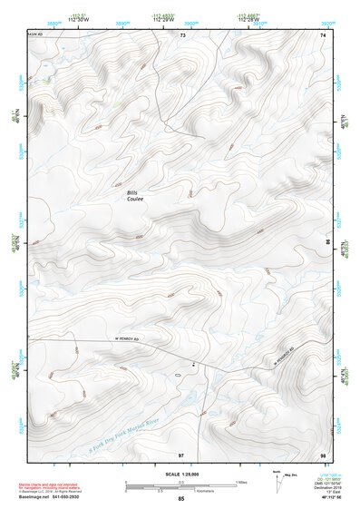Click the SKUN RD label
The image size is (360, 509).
point(37,36)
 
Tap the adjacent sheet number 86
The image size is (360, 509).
point(327,243)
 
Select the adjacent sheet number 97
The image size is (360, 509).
point(181,454)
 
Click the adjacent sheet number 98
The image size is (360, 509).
point(322,454)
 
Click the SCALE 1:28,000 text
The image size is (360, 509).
point(180,474)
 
